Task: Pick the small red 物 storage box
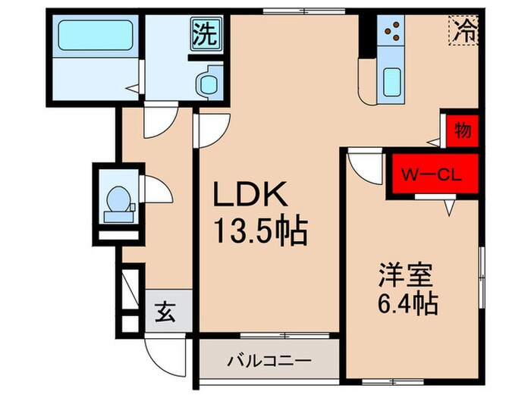[x=462, y=130]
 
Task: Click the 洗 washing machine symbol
[x=206, y=35]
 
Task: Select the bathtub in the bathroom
[x=96, y=33]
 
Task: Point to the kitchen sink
[x=392, y=79]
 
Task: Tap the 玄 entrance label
[x=166, y=311]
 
